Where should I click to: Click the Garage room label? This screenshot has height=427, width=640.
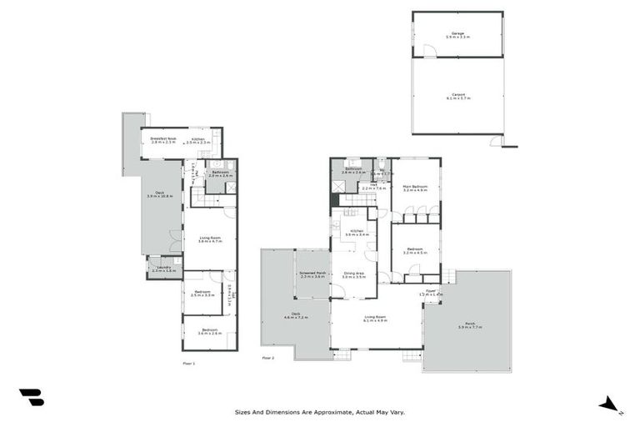[457, 36]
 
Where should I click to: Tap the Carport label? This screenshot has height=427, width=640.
[457, 97]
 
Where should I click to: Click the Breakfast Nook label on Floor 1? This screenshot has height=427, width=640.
[162, 141]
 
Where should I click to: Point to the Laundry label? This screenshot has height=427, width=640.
[164, 269]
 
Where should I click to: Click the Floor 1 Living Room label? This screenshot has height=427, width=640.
[209, 239]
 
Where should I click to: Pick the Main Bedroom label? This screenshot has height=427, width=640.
[414, 188]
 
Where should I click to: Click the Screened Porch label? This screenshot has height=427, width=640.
[312, 274]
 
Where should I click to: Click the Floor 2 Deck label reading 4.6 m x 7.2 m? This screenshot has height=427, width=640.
[296, 317]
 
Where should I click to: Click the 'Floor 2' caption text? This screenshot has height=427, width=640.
[267, 358]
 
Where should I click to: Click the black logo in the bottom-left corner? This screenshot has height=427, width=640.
[31, 398]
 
